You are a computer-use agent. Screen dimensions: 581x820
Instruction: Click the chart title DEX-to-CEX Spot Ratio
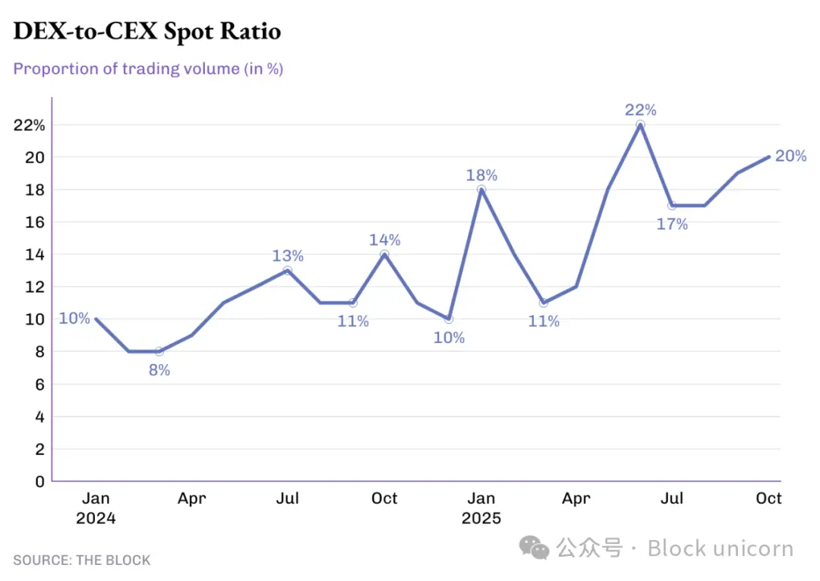[x=147, y=31]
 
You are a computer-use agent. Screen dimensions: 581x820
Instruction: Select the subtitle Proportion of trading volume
[x=148, y=68]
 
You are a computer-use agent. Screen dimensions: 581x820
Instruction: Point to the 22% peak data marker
[x=640, y=124]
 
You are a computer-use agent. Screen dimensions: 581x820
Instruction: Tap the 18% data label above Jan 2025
[x=481, y=175]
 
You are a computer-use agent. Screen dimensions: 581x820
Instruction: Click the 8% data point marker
[x=159, y=351]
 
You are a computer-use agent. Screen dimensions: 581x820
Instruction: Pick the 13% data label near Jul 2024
[x=288, y=256]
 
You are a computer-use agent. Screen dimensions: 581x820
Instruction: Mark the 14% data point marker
[x=384, y=254]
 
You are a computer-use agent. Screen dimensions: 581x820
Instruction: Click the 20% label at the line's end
[x=790, y=156]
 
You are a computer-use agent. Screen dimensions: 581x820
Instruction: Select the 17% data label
[x=672, y=224]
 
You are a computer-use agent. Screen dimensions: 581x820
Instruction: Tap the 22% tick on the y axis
[x=29, y=124]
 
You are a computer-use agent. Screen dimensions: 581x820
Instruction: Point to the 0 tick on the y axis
[x=39, y=481]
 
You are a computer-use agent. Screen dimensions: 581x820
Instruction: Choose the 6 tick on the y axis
[x=39, y=384]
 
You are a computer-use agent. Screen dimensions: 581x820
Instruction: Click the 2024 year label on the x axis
[x=96, y=519]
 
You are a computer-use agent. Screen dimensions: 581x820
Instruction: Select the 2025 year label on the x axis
[x=481, y=519]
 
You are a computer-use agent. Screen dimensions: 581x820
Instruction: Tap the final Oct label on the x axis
[x=768, y=498]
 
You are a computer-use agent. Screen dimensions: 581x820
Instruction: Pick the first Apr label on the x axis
[x=191, y=498]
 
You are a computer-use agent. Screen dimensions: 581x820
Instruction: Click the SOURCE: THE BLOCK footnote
[x=81, y=561]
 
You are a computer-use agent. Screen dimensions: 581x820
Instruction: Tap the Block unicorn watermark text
[x=720, y=548]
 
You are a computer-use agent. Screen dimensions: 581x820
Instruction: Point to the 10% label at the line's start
[x=74, y=319]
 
